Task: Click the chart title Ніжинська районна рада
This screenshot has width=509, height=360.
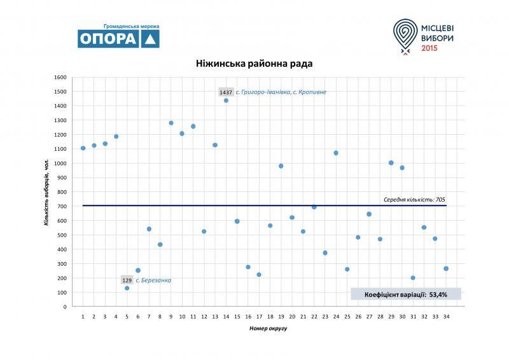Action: click(x=254, y=64)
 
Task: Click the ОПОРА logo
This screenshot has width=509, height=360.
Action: click(x=118, y=38)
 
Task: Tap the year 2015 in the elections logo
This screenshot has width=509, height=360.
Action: click(x=430, y=48)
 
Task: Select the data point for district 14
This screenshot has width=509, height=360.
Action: click(x=226, y=100)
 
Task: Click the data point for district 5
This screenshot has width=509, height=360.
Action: click(x=127, y=288)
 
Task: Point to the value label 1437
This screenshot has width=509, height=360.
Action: click(x=226, y=92)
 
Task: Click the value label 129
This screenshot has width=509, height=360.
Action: click(x=127, y=280)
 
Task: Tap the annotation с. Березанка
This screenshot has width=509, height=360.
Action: click(x=153, y=280)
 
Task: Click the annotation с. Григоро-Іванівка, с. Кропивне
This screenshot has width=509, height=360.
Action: click(x=281, y=92)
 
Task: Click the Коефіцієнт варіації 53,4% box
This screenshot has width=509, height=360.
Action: click(x=405, y=294)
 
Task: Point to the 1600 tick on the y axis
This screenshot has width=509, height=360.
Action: click(x=60, y=78)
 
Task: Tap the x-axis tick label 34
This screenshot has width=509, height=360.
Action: click(x=446, y=316)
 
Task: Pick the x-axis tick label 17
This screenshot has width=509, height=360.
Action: click(x=259, y=316)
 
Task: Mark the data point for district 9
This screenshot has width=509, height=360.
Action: click(x=171, y=123)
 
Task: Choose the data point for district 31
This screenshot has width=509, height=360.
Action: click(x=413, y=278)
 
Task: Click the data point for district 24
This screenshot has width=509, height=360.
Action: click(x=336, y=153)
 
